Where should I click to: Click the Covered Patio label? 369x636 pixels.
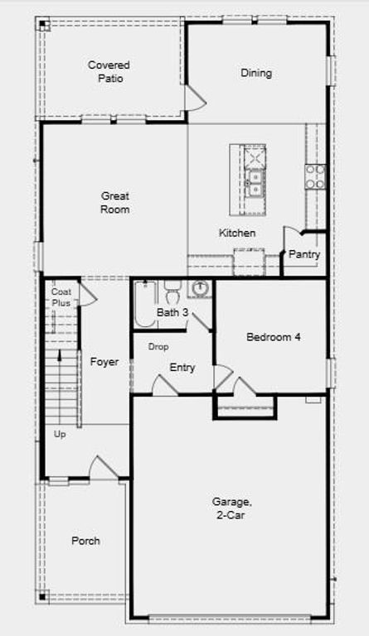click(x=109, y=71)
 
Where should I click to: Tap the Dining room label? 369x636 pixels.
click(x=256, y=73)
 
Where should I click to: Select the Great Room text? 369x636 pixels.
click(x=115, y=203)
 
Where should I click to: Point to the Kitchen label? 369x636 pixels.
click(x=237, y=233)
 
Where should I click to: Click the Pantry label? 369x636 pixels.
click(x=304, y=254)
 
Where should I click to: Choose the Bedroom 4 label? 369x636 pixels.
click(x=274, y=337)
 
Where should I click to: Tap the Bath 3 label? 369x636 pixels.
click(x=172, y=312)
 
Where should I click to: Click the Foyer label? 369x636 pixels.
click(x=104, y=362)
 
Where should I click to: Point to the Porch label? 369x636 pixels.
click(x=85, y=541)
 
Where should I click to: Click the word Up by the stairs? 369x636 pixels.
click(x=60, y=434)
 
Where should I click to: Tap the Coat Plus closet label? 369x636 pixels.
click(x=61, y=297)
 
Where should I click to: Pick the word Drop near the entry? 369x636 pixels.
click(x=158, y=346)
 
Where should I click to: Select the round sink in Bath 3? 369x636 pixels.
click(x=200, y=289)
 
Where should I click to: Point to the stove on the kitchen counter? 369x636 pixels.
click(x=315, y=176)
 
